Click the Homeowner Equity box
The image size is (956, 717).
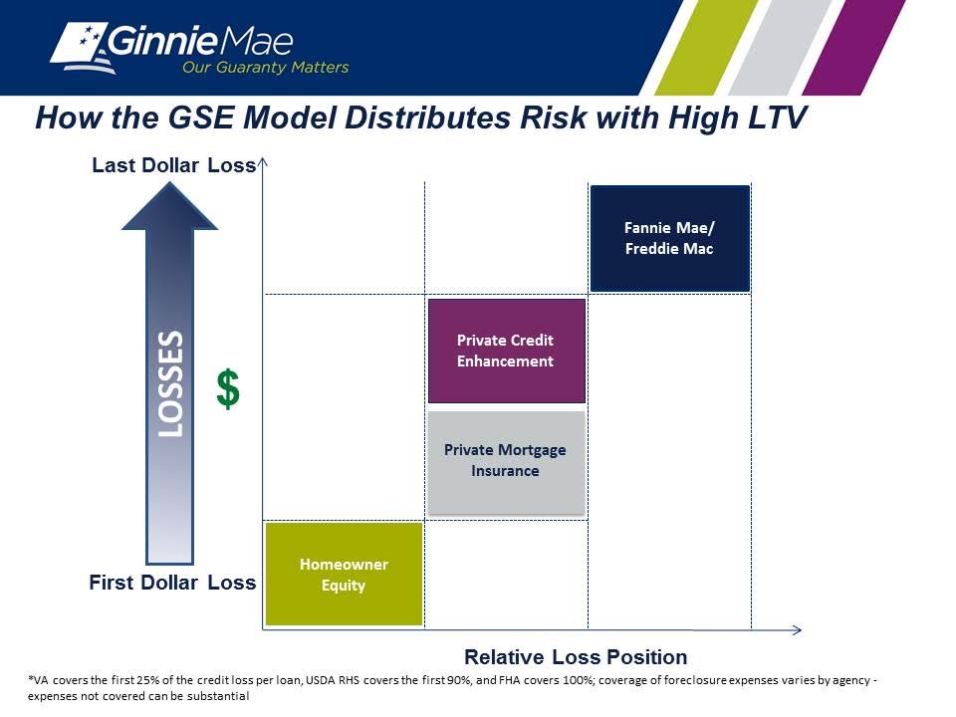click(344, 574)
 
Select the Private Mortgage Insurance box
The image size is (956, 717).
click(507, 462)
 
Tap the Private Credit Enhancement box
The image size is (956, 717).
click(507, 351)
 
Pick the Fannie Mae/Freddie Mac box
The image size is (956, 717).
click(670, 238)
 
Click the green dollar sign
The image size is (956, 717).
click(228, 389)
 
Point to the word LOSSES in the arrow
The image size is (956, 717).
click(170, 383)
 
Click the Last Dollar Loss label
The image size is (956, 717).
click(173, 165)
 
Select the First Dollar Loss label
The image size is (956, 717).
click(172, 583)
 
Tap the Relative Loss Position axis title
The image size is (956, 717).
click(576, 657)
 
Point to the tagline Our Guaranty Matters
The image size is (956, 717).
click(265, 67)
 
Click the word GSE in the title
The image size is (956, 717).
click(200, 118)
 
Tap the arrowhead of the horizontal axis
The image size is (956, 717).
click(797, 629)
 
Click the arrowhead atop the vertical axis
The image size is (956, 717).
click(263, 162)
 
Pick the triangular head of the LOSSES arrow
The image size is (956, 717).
click(169, 206)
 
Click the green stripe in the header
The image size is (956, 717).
click(706, 48)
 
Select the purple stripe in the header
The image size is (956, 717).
click(853, 48)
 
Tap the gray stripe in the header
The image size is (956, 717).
click(780, 48)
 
